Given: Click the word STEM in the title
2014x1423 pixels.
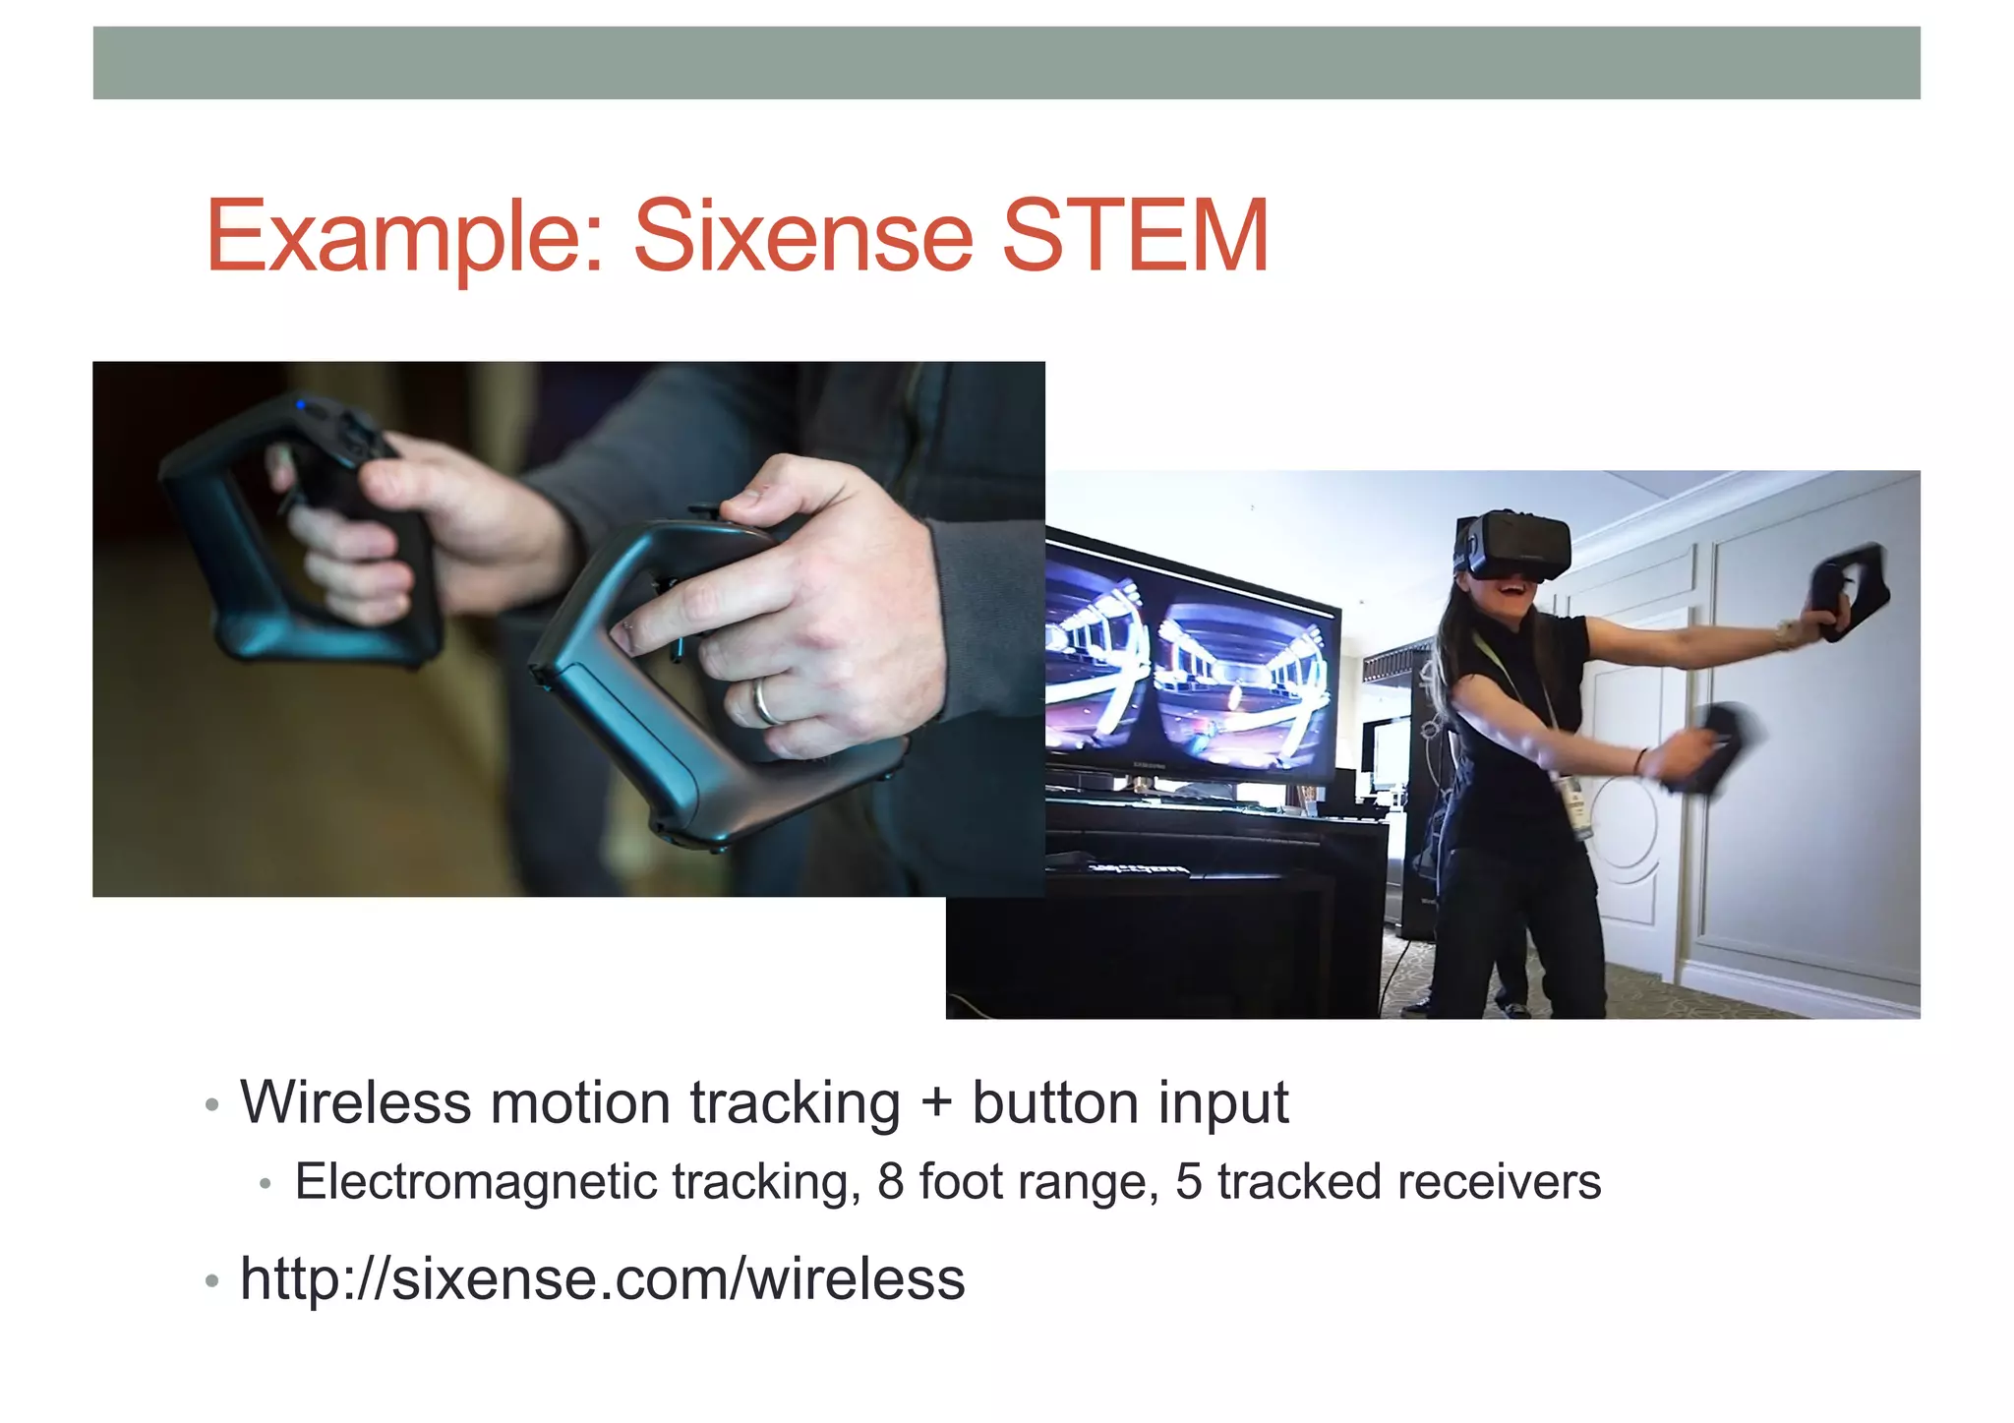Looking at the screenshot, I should (x=1135, y=236).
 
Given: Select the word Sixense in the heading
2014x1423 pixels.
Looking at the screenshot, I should (x=803, y=236).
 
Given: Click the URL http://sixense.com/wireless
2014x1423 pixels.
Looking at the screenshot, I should (x=602, y=1279).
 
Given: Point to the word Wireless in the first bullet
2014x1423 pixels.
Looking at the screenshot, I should (x=355, y=1102).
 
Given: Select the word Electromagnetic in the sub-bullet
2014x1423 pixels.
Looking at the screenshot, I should (x=476, y=1183).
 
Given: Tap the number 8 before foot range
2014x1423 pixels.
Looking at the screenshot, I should (x=890, y=1182).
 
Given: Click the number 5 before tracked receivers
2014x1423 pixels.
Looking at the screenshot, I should (x=1189, y=1182).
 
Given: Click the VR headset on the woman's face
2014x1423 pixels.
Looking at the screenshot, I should (x=1512, y=545).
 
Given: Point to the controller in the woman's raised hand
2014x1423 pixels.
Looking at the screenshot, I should (x=1852, y=590).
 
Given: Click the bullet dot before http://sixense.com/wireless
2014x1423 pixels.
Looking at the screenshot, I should (x=211, y=1281).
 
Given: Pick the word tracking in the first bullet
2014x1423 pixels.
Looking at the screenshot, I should (x=795, y=1104).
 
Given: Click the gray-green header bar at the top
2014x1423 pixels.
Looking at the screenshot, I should (x=1006, y=63).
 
